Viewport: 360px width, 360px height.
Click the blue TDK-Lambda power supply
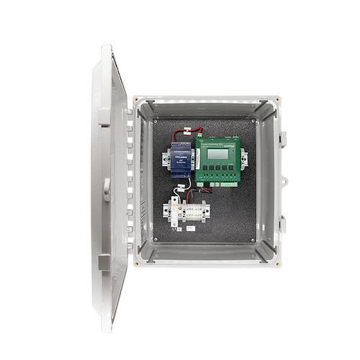(181, 160)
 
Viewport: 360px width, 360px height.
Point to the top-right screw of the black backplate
(255, 120)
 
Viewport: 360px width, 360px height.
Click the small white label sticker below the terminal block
(190, 228)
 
